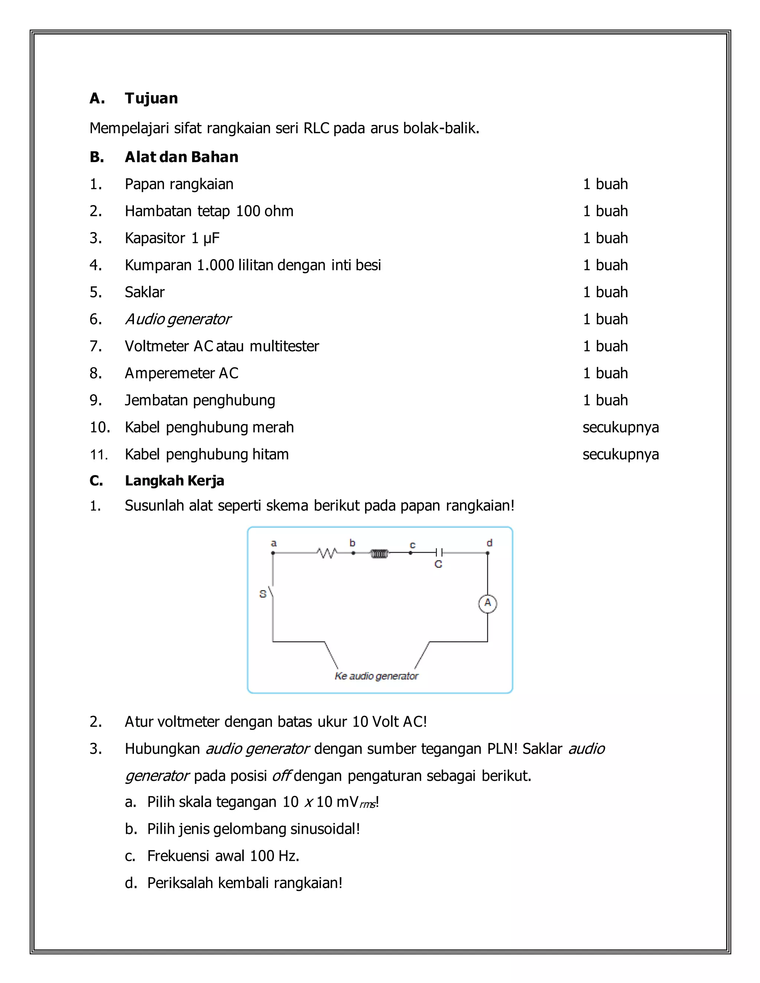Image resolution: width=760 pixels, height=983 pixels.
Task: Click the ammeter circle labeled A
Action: click(x=487, y=604)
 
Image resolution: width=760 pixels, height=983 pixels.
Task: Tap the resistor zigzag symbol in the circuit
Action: click(x=327, y=553)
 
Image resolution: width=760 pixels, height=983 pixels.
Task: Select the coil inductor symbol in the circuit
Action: click(x=379, y=553)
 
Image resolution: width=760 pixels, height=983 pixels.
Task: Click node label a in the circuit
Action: click(x=273, y=543)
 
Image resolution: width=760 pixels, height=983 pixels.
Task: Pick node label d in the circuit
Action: click(x=489, y=543)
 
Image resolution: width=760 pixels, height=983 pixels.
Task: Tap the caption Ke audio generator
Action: click(x=376, y=676)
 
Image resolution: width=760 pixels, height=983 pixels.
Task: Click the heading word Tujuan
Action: click(x=151, y=98)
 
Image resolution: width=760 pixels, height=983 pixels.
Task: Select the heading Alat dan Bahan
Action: click(x=181, y=157)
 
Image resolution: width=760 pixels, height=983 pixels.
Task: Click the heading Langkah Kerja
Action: click(x=174, y=481)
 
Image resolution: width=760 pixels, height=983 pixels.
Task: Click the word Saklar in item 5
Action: click(x=144, y=292)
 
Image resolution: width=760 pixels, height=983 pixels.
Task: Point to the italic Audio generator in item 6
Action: click(x=178, y=319)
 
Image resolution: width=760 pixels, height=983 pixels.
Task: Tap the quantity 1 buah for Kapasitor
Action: click(x=605, y=238)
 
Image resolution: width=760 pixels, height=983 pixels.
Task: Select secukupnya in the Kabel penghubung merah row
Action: click(x=620, y=427)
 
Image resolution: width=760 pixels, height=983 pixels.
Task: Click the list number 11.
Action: click(x=99, y=455)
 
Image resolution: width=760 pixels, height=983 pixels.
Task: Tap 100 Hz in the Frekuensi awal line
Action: click(x=274, y=856)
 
